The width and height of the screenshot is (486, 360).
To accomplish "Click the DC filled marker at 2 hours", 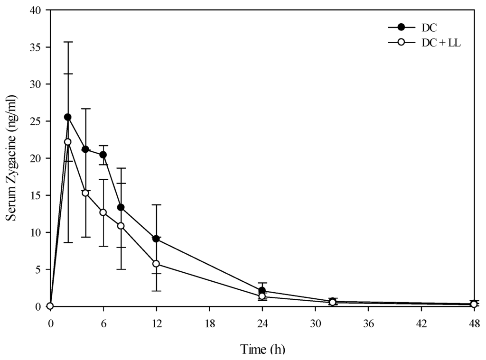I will point(68,117).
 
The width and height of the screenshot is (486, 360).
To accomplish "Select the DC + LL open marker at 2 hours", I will point(68,141).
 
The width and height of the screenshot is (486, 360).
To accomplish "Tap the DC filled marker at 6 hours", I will point(103,155).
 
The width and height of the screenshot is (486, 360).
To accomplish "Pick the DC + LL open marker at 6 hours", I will point(103,212).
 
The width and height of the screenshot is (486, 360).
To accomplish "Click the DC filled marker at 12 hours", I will point(156,239).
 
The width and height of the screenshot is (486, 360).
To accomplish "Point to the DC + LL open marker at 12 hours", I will point(156,263).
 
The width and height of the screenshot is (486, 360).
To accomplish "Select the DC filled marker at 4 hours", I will point(85,149).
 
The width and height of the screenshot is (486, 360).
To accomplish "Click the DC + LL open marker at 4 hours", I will point(85,193).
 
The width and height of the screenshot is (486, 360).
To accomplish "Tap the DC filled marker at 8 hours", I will point(121,207).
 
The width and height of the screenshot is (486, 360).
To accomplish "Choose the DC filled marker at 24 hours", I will point(262,290).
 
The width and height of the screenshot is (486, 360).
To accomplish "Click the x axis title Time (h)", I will point(262,350).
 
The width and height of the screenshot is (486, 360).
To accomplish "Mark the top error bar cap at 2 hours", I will point(68,42).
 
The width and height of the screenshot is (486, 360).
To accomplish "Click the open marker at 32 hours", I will point(333,302).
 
